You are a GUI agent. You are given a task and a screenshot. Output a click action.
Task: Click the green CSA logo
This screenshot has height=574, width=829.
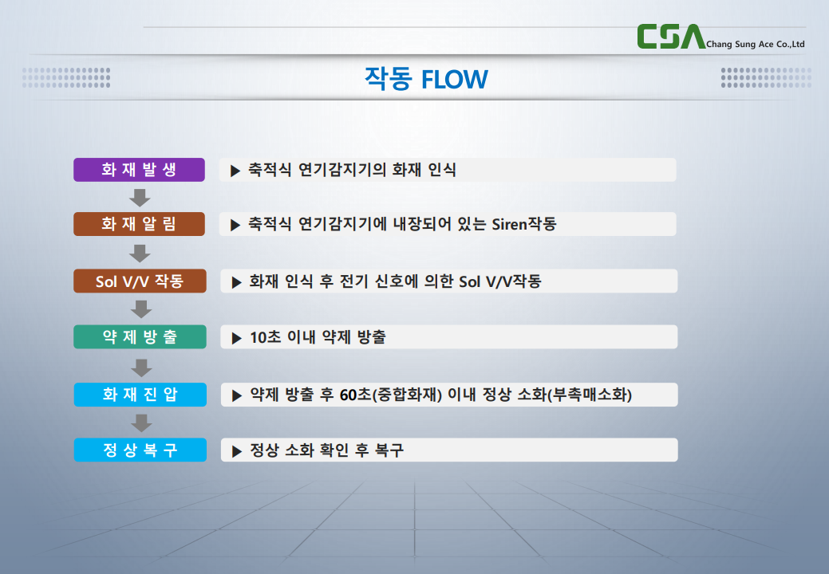tap(671, 37)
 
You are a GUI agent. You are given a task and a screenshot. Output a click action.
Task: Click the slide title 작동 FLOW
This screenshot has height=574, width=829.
tap(426, 79)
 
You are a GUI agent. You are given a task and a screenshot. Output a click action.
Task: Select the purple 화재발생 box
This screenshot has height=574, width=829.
tap(139, 170)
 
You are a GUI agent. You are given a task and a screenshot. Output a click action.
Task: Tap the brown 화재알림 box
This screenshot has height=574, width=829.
tap(139, 224)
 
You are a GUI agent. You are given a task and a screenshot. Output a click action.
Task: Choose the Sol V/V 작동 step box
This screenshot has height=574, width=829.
tap(140, 281)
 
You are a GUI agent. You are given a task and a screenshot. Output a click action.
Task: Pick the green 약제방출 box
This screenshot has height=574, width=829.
tap(140, 336)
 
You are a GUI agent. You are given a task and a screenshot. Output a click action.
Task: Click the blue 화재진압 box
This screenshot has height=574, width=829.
tap(140, 395)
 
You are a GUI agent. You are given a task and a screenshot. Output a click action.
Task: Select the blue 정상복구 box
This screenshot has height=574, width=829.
tap(140, 450)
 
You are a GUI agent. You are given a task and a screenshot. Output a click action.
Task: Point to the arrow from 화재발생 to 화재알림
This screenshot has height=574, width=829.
tap(140, 198)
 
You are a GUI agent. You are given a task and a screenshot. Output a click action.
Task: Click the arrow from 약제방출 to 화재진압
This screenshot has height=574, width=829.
tap(141, 367)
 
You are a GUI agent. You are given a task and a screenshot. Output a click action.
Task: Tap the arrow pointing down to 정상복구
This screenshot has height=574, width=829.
tap(141, 423)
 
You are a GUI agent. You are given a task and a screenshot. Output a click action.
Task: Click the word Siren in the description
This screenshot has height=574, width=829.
tap(510, 225)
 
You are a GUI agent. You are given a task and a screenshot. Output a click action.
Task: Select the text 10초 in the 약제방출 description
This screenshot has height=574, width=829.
tap(266, 337)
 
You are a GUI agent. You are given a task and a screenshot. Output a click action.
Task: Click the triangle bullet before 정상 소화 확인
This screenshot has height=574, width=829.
tap(237, 451)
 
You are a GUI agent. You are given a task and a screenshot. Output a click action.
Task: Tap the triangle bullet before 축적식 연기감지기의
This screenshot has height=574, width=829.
tap(235, 171)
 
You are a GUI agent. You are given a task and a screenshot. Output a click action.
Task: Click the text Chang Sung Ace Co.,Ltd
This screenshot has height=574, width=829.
tap(756, 45)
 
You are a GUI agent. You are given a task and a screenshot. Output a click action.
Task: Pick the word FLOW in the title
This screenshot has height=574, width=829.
tap(455, 80)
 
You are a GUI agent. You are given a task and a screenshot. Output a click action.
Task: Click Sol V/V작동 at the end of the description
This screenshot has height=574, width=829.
tap(500, 281)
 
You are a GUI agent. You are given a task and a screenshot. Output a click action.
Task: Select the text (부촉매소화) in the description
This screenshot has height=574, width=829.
tap(590, 395)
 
